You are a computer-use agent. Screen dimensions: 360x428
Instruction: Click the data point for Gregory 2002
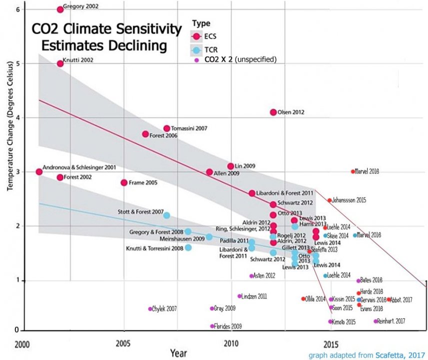60,9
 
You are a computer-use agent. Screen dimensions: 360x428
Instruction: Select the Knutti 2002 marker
60,63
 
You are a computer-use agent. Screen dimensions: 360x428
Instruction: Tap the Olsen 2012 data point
273,112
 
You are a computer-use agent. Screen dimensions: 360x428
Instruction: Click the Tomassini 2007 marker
167,128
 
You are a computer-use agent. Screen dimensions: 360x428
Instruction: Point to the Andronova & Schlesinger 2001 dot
39,171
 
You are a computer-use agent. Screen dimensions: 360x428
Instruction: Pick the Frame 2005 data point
124,182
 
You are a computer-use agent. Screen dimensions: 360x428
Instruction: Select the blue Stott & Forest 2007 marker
167,215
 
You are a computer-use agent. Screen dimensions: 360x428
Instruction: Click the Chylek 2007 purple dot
150,309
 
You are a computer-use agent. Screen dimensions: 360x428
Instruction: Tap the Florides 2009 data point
212,326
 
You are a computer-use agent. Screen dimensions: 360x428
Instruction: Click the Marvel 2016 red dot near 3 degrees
353,171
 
